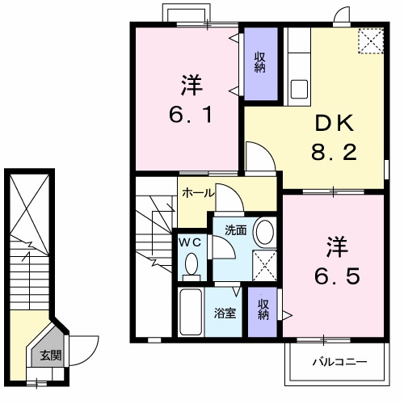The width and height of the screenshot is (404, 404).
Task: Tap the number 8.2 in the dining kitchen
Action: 334,151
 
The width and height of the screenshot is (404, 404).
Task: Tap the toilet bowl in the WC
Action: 191,263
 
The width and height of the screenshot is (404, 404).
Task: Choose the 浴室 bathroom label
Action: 225,313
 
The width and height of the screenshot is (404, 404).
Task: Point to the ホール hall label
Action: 198,193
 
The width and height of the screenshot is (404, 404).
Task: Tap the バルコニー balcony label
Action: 339,361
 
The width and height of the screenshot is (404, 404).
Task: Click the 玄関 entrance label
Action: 50,354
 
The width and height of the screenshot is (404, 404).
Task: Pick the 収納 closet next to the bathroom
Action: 263,309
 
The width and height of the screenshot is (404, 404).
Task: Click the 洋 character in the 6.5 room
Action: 337,244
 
